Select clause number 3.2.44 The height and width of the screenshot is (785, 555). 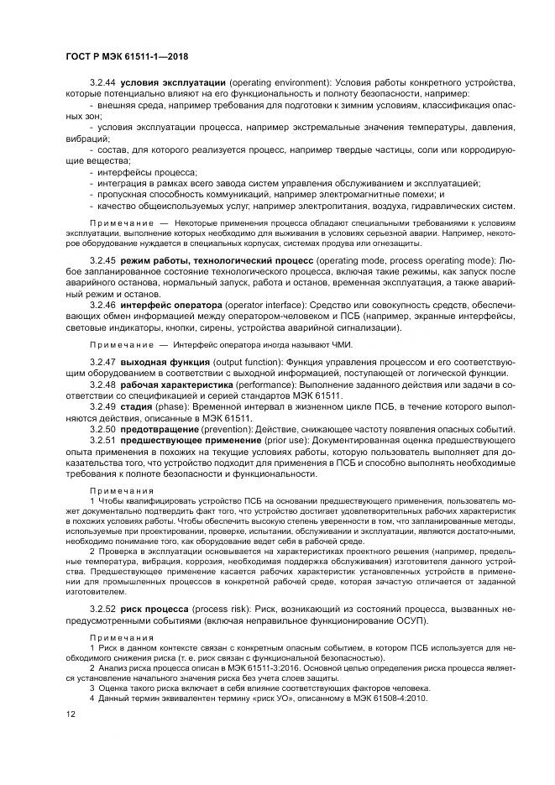[x=102, y=83]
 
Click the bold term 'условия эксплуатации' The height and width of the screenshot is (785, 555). [x=173, y=83]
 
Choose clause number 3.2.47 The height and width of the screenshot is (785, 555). [x=102, y=361]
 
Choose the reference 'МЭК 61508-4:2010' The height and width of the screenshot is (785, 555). [x=366, y=699]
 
